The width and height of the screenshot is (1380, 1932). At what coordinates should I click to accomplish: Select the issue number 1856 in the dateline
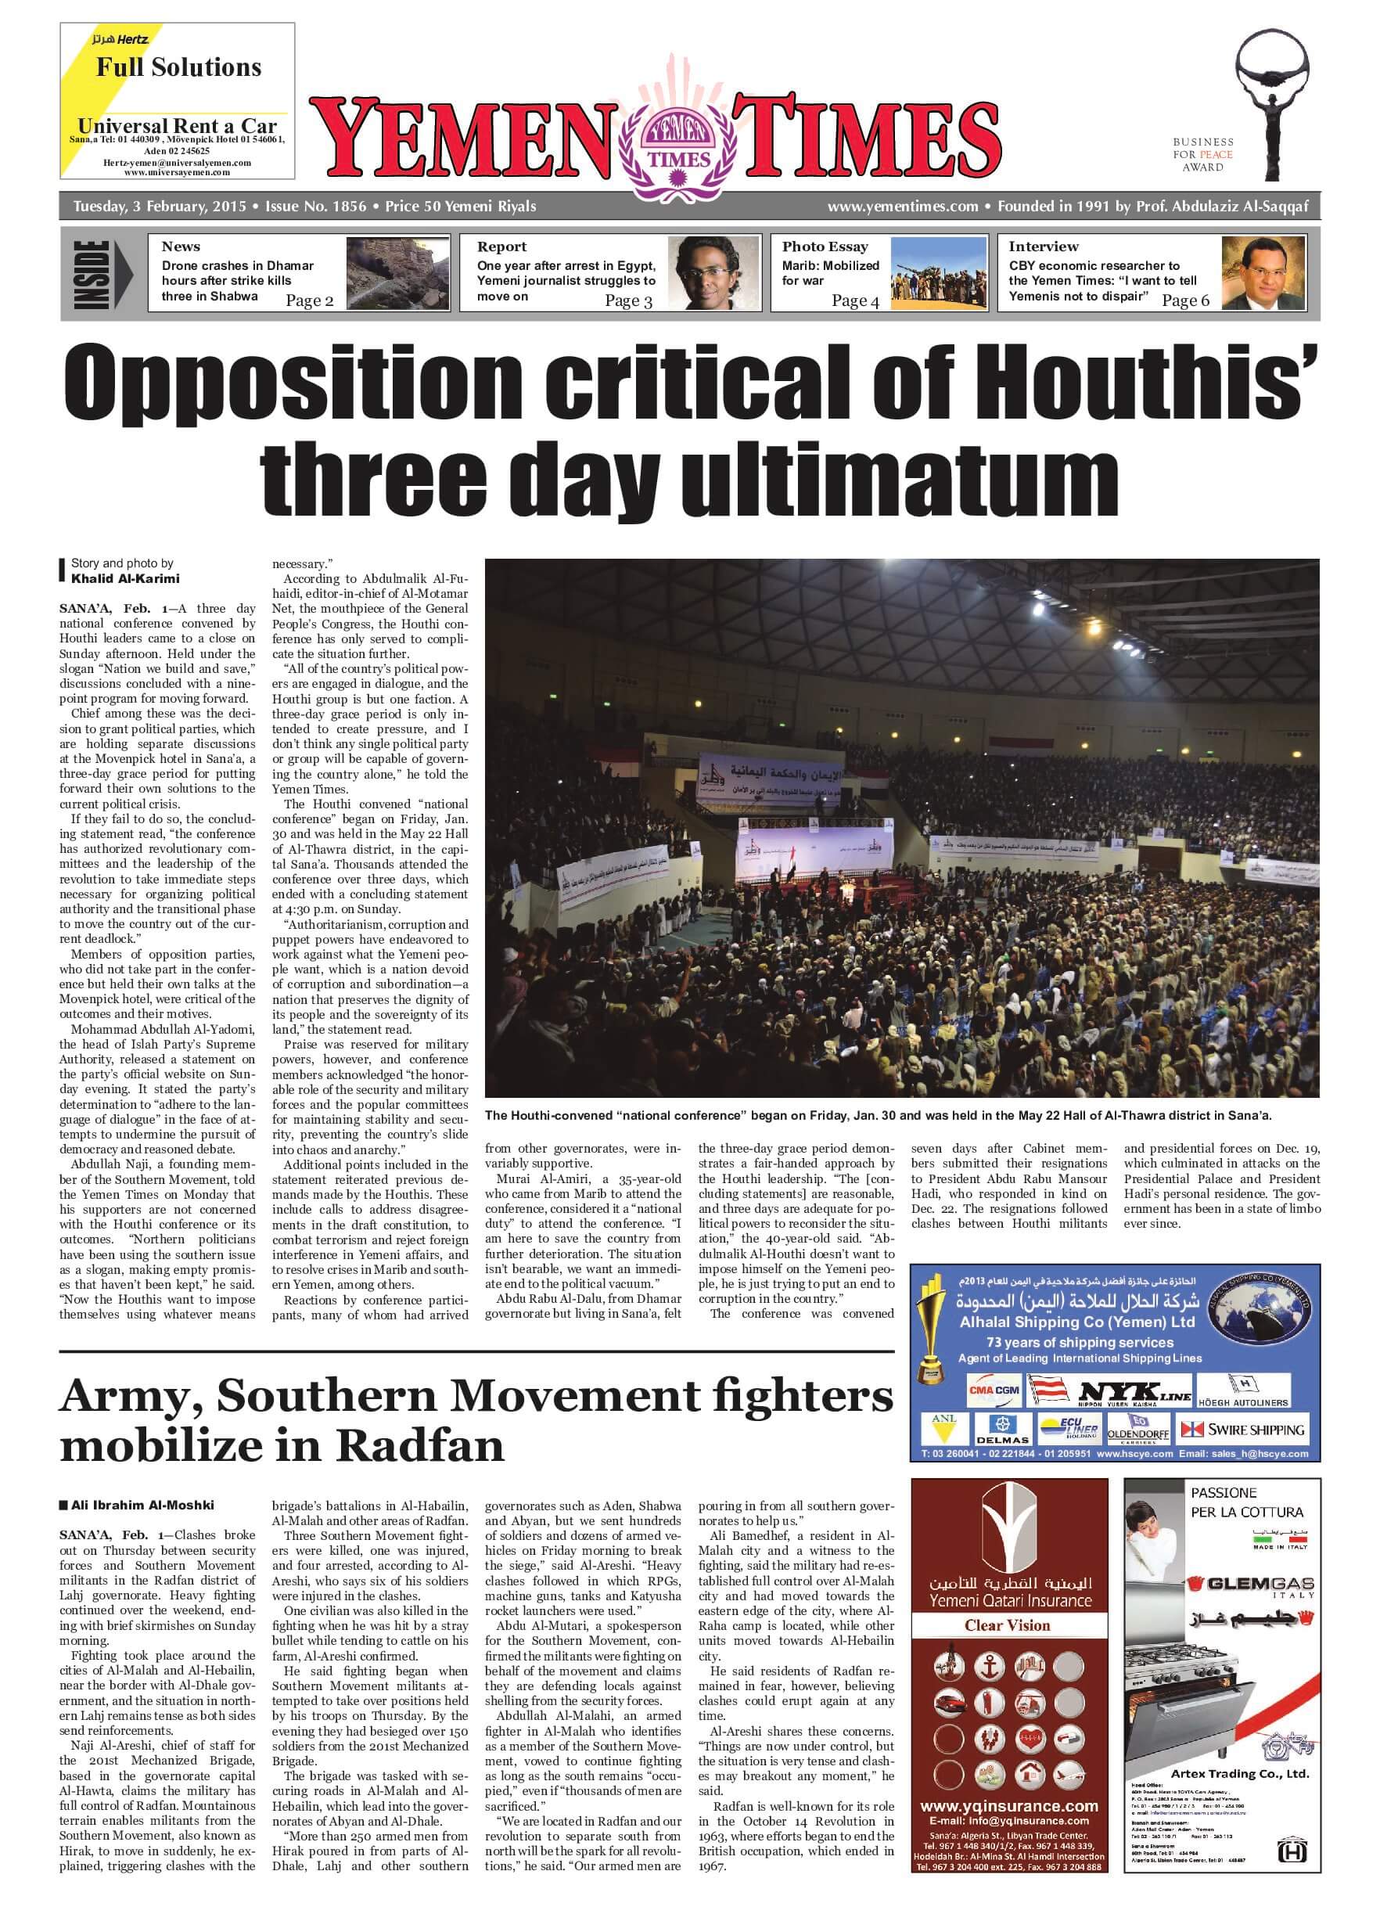click(x=315, y=207)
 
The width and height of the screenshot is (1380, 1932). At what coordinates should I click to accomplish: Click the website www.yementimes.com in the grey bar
click(x=903, y=207)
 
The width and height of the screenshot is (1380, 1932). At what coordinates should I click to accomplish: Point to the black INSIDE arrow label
click(x=102, y=274)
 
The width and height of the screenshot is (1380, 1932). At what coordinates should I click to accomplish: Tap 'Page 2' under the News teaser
click(x=309, y=300)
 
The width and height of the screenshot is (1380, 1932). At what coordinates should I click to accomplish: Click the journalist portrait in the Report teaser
click(x=701, y=273)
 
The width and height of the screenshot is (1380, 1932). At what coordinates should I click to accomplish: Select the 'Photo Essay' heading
click(x=825, y=246)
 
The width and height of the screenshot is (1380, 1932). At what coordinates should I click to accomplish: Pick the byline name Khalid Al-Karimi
click(x=125, y=579)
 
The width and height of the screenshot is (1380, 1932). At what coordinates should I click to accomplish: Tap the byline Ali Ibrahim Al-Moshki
click(x=142, y=1505)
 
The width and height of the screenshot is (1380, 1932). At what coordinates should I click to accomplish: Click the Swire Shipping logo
click(x=1242, y=1430)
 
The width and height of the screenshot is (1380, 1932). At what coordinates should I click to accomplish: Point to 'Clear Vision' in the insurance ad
click(x=1007, y=1625)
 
